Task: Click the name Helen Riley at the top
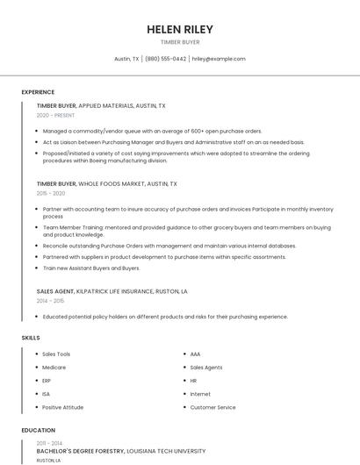tap(180, 29)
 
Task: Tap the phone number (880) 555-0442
tap(165, 59)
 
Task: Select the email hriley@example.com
tap(218, 59)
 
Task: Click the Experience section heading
tap(38, 92)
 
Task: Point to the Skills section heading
tap(31, 337)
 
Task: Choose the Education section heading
tap(39, 431)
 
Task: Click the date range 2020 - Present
tap(56, 115)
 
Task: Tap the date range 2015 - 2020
tap(51, 193)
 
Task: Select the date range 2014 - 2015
tap(51, 300)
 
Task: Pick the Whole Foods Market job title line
tap(106, 184)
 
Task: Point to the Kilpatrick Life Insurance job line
tap(112, 290)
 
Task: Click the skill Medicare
tap(54, 368)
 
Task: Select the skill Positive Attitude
tap(63, 407)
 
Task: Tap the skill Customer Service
tap(213, 407)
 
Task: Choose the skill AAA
tap(196, 354)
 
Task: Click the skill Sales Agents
tap(206, 368)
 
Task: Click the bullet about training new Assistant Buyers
tap(90, 268)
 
